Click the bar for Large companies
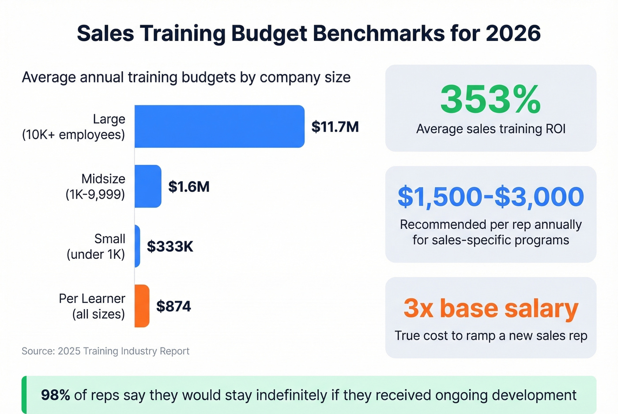pos(219,127)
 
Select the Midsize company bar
pos(148,186)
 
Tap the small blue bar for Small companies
pos(137,246)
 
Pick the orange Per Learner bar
pos(142,306)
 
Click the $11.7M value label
pos(335,127)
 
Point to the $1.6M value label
pos(189,186)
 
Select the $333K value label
pos(170,246)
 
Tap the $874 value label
pos(173,306)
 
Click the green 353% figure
pos(490,100)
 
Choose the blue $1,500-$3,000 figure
pos(490,197)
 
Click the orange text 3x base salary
pos(490,308)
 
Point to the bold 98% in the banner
pos(55,395)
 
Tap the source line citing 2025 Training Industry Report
pos(106,351)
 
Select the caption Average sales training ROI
pos(490,129)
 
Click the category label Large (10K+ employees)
pos(74,127)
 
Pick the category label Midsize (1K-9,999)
pos(95,186)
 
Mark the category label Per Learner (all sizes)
pos(92,306)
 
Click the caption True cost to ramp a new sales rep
pos(490,336)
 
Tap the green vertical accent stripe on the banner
pos(24,395)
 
